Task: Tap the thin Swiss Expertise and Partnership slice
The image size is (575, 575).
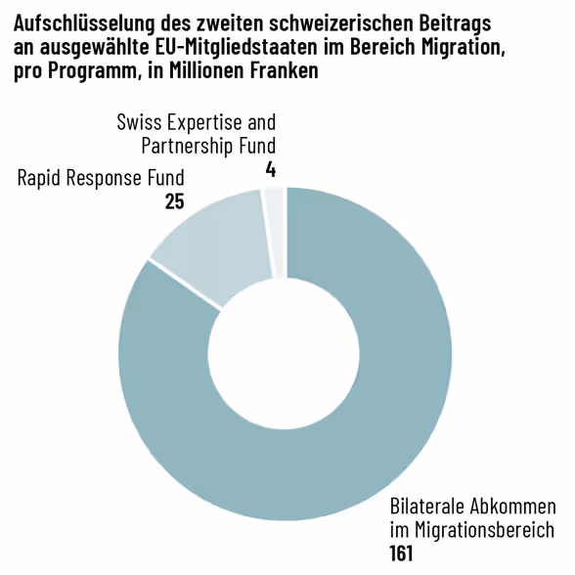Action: point(275,231)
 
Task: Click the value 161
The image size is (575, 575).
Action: point(402,553)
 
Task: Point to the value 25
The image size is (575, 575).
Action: point(175,201)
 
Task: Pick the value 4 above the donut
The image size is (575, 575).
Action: point(270,170)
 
